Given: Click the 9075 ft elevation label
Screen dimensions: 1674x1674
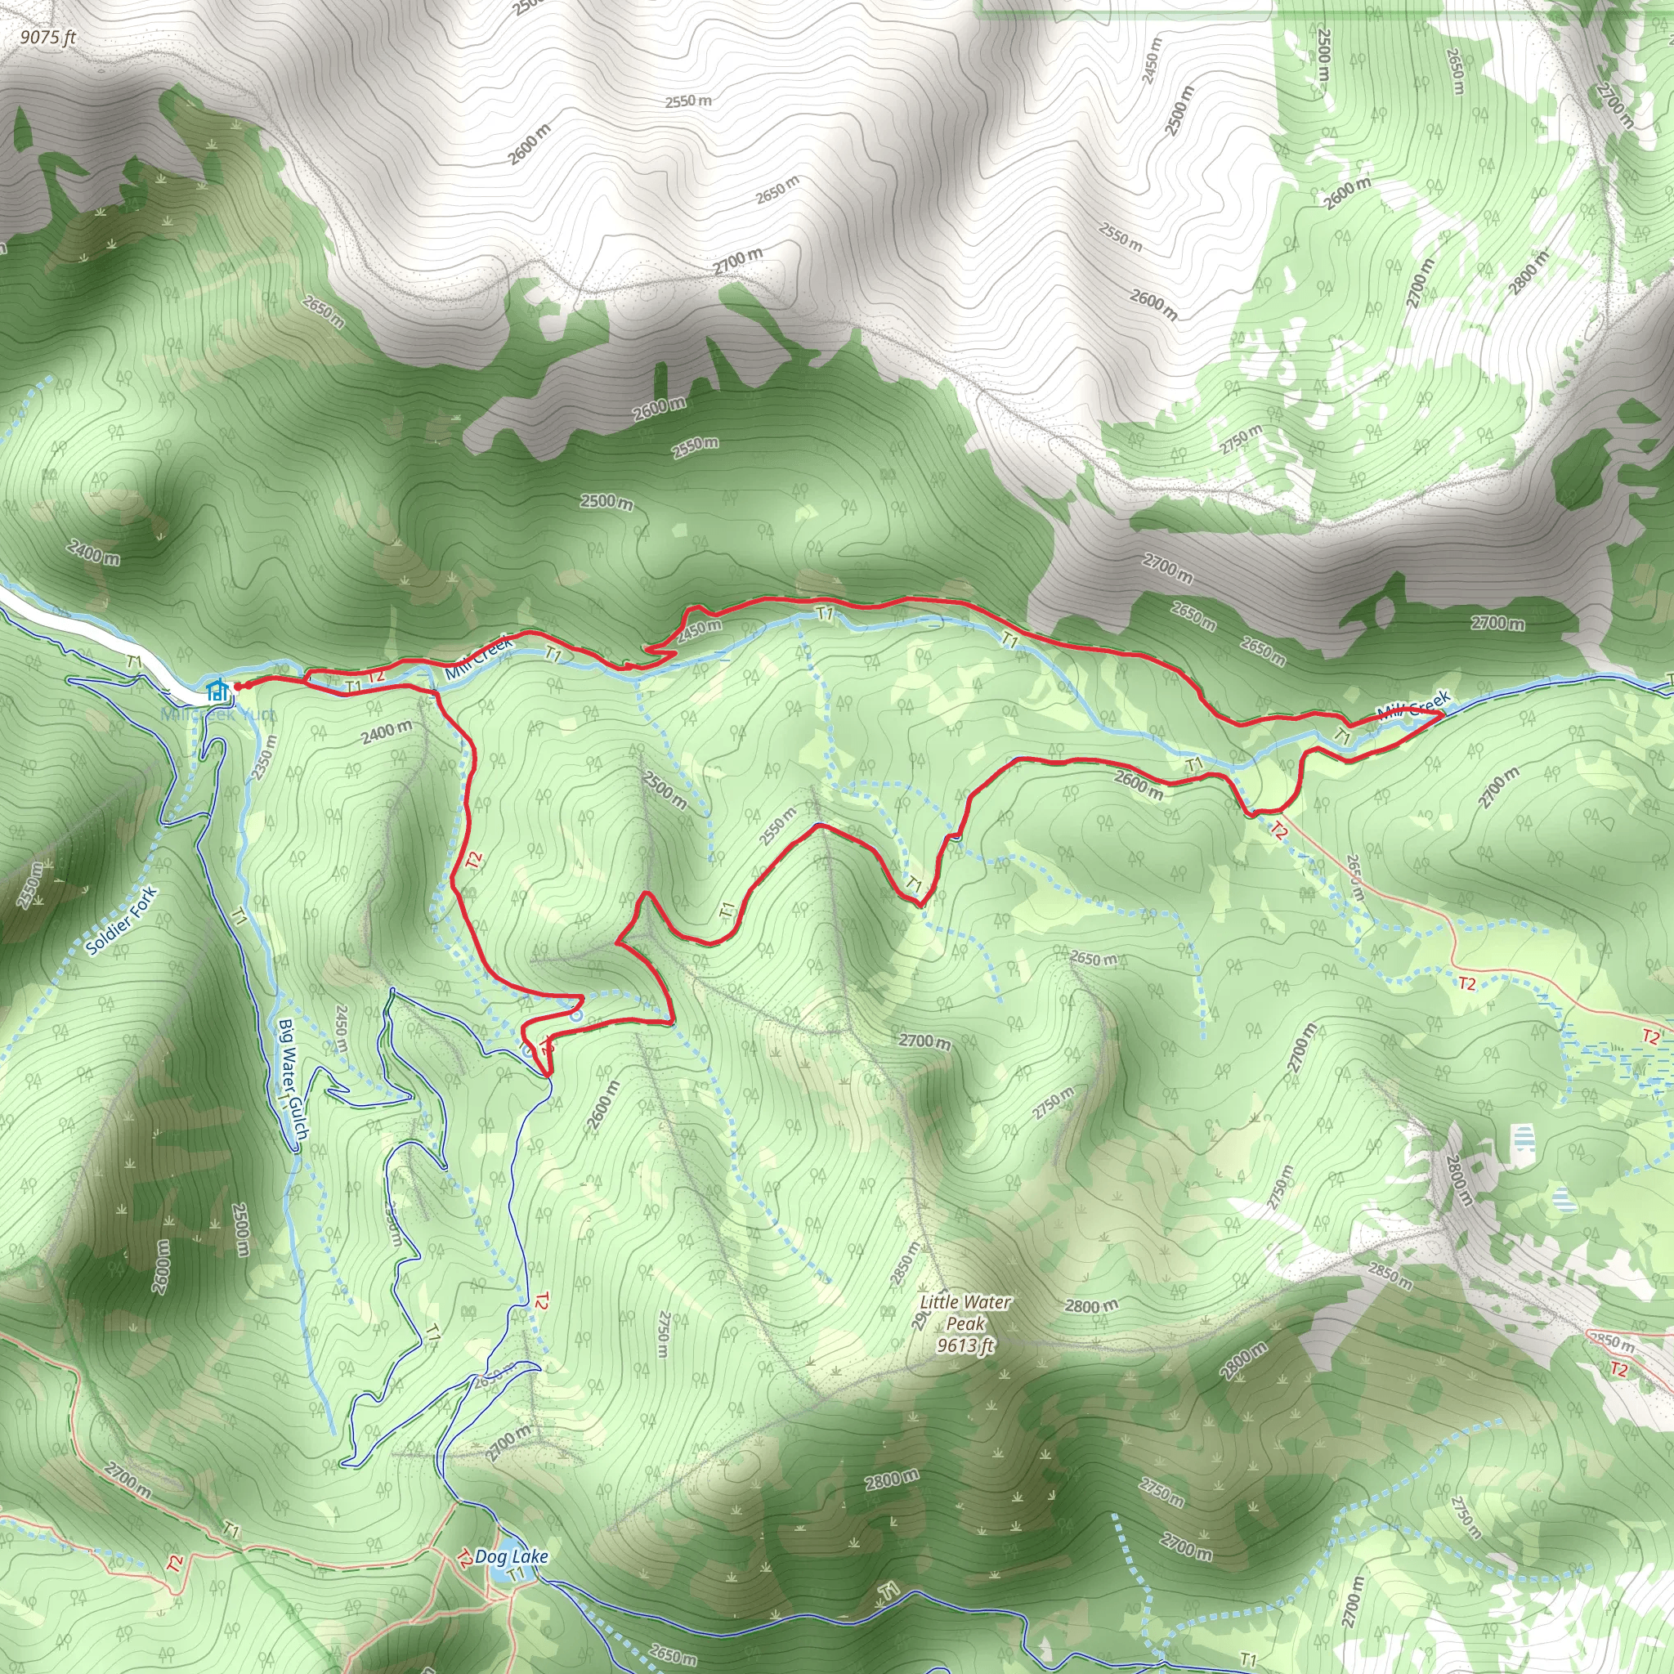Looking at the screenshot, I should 48,38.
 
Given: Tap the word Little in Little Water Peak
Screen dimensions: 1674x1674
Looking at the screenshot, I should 939,1302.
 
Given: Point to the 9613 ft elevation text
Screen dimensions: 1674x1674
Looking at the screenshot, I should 965,1345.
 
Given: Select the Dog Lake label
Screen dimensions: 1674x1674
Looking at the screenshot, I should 511,1533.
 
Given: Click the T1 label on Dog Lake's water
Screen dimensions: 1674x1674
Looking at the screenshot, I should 516,1550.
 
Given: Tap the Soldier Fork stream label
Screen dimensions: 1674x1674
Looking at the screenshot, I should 122,920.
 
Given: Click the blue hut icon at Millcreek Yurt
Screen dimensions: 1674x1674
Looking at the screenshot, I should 217,691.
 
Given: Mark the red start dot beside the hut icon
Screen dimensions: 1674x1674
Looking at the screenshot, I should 239,687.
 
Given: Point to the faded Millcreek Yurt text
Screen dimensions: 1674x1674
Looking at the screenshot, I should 217,715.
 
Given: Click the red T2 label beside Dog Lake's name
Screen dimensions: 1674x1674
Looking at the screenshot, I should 465,1534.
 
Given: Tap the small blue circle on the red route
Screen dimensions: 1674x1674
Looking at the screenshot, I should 576,1013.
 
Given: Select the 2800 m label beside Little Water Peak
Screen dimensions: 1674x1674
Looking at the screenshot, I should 1092,1305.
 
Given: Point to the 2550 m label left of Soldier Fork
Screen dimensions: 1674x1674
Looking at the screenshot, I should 30,885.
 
